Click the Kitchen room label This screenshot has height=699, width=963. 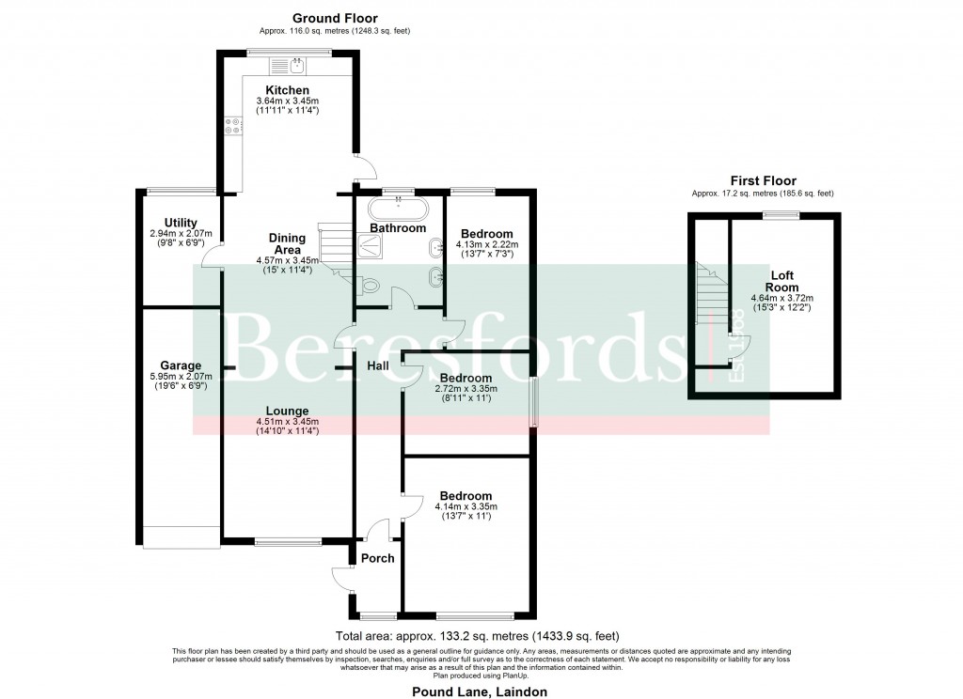288,90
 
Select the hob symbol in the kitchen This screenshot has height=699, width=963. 229,128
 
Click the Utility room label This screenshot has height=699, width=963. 180,223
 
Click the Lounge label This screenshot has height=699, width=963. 288,411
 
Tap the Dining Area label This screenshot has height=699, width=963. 287,244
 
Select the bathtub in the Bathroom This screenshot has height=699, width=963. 397,208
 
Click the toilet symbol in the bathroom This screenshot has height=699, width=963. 369,287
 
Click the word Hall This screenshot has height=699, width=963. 378,365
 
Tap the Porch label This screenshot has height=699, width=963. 378,559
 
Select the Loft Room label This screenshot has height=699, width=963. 781,282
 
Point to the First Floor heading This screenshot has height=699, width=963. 763,180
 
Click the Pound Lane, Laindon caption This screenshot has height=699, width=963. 479,691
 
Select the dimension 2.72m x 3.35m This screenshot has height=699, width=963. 466,389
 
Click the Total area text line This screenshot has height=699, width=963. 470,636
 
